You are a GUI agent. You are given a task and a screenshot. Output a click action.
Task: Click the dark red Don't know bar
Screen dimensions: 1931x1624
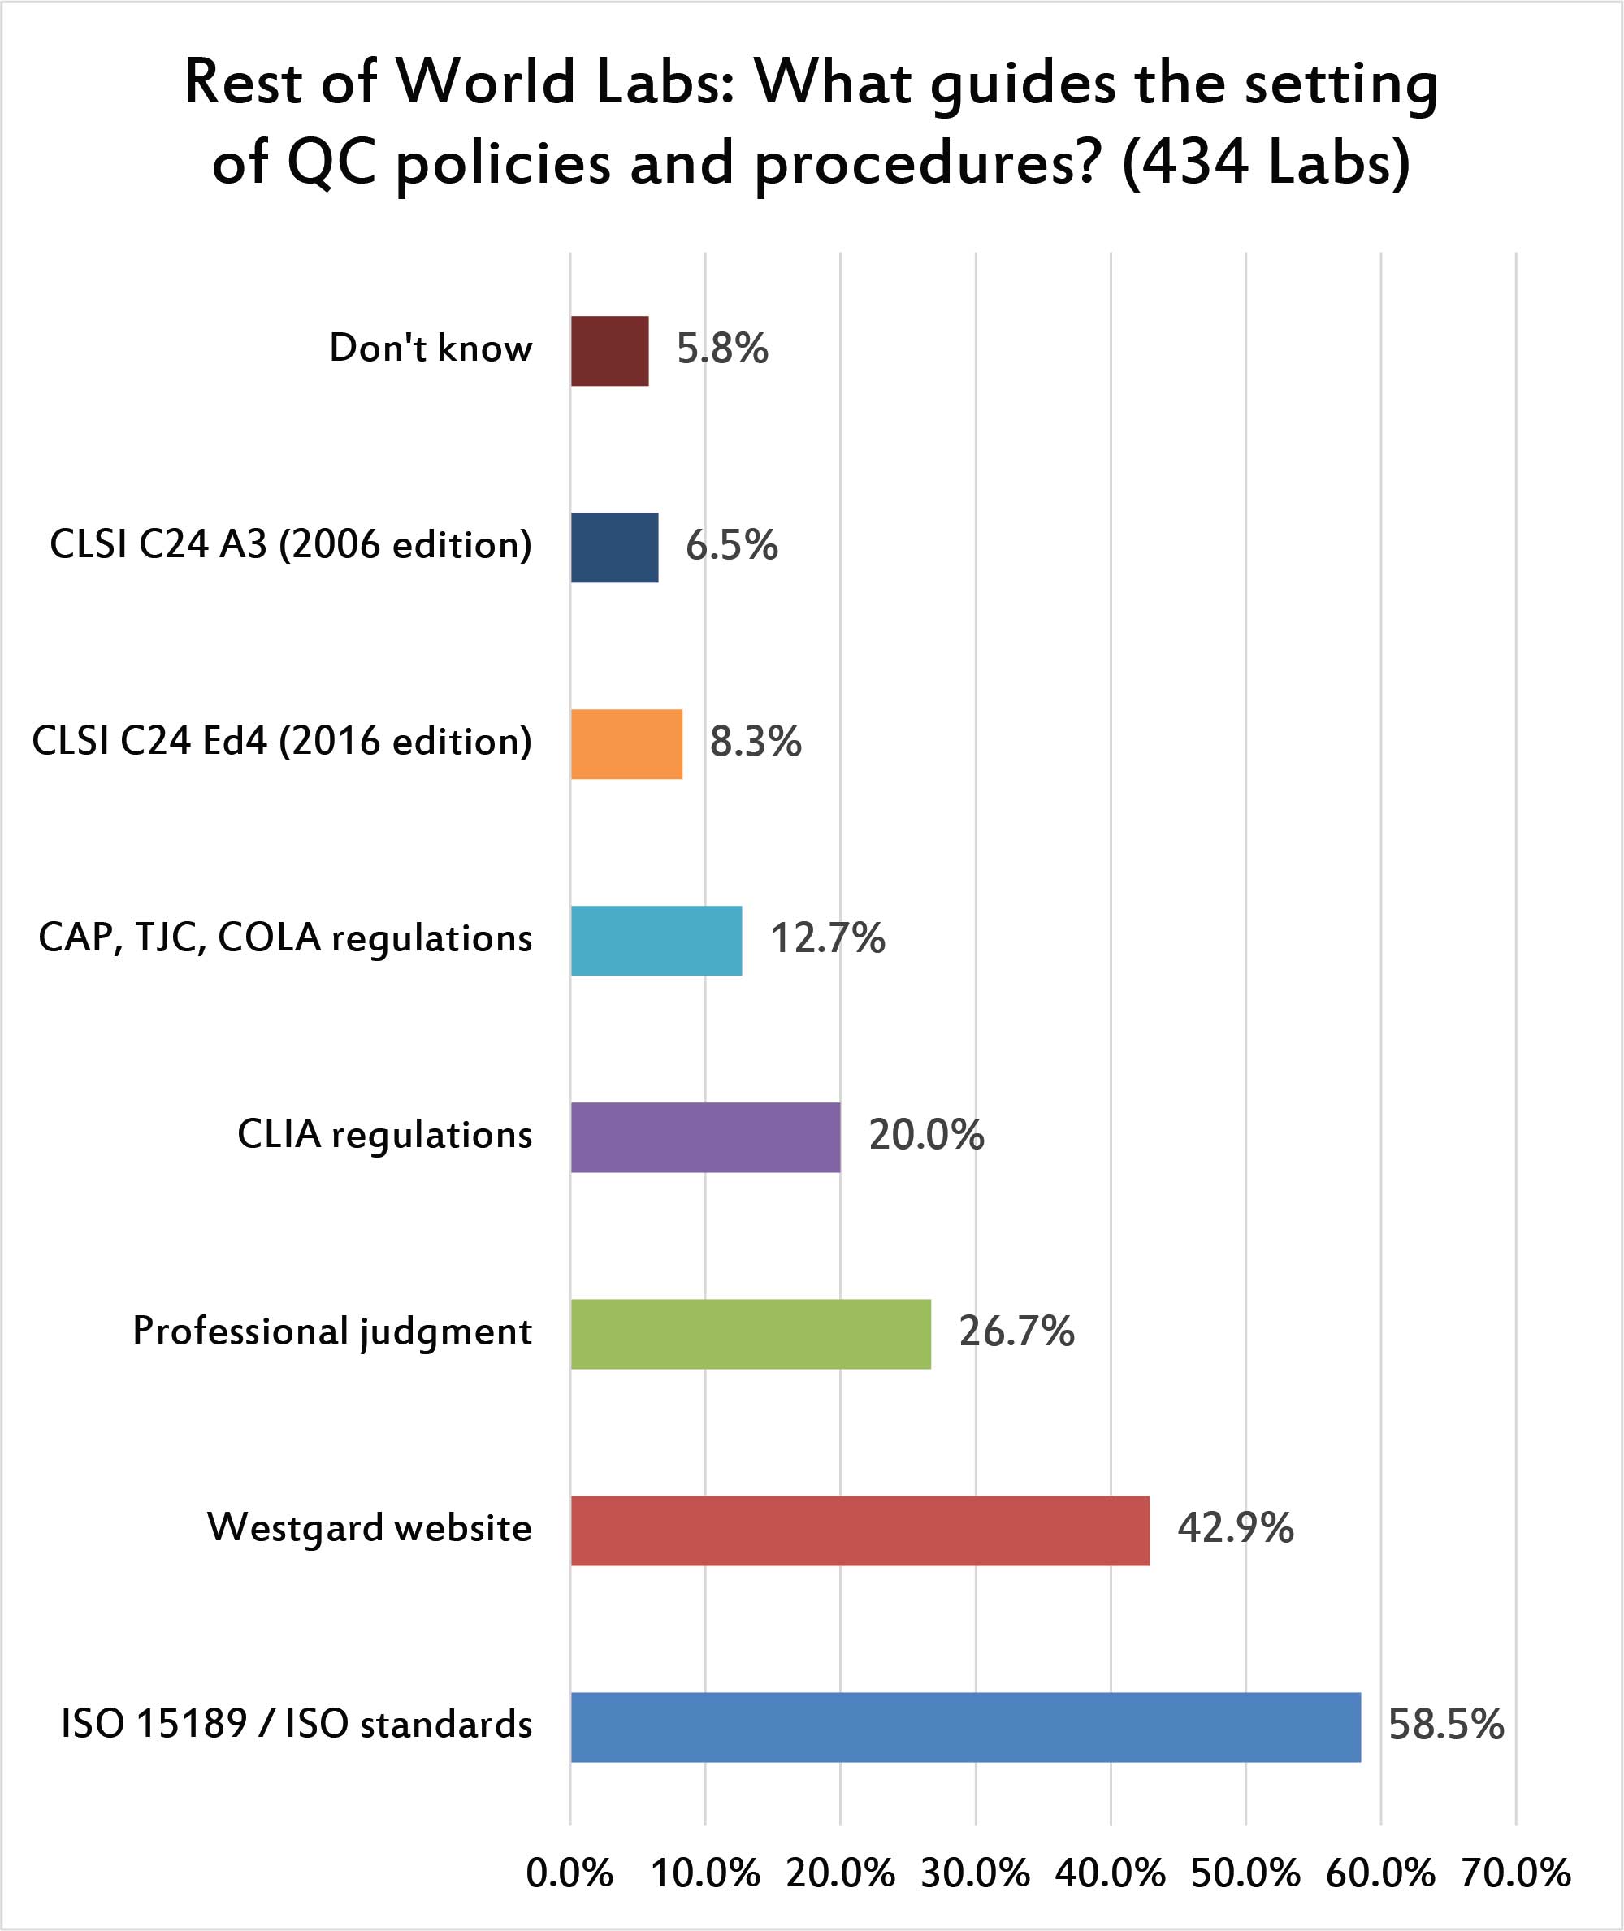pos(609,351)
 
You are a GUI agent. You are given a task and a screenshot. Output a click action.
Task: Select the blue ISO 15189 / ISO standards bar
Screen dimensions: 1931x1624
pos(965,1726)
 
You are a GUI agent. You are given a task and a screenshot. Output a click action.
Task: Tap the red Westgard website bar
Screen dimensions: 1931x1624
pos(860,1530)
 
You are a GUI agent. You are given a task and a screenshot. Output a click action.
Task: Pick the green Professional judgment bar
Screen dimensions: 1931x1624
pos(751,1334)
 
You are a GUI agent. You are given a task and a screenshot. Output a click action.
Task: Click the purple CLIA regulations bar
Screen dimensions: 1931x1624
pos(705,1137)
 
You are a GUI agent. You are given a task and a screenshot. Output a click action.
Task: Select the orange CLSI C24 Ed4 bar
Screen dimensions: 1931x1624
pos(626,743)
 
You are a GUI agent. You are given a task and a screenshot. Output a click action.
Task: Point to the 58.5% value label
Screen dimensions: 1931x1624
pos(1445,1725)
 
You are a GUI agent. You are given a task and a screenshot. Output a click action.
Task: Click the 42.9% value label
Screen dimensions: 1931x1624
pos(1236,1528)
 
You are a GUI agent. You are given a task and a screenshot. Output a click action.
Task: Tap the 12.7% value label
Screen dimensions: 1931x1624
pos(827,939)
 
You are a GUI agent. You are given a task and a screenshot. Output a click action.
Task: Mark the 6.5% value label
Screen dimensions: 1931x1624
pos(732,546)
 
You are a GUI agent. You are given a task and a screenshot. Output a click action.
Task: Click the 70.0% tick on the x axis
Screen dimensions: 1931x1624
pos(1515,1874)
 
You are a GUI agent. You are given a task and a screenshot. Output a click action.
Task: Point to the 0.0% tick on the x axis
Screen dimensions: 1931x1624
pos(569,1874)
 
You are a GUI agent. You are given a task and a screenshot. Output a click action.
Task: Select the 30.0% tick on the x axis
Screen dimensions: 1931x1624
pos(975,1874)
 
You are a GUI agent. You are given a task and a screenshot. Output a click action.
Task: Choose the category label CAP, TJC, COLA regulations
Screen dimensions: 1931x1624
pos(285,939)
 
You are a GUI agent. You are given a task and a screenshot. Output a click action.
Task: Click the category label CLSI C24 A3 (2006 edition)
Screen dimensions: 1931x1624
pos(291,545)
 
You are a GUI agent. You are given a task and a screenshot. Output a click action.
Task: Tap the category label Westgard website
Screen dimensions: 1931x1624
pos(369,1528)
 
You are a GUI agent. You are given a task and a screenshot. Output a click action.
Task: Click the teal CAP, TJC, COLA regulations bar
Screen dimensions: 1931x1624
pos(656,941)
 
